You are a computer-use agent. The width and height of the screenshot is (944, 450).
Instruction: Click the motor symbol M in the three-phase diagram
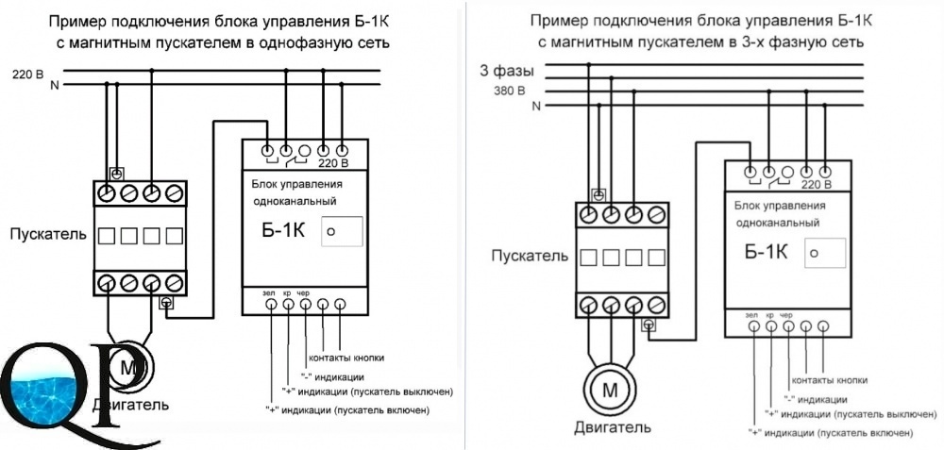pyautogui.click(x=610, y=392)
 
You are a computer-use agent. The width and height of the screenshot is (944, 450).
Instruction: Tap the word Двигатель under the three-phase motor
pyautogui.click(x=612, y=428)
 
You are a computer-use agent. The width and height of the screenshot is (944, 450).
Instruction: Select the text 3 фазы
pyautogui.click(x=507, y=71)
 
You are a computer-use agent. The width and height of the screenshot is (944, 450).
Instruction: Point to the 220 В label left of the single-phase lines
pyautogui.click(x=27, y=75)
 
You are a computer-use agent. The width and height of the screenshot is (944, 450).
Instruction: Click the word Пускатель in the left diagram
pyautogui.click(x=48, y=234)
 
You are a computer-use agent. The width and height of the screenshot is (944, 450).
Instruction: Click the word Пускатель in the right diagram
pyautogui.click(x=530, y=256)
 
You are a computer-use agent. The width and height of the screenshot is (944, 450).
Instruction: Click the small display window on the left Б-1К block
pyautogui.click(x=342, y=232)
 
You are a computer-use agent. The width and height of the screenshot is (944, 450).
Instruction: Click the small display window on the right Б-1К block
pyautogui.click(x=825, y=253)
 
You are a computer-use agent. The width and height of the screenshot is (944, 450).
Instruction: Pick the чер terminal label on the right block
pyautogui.click(x=786, y=315)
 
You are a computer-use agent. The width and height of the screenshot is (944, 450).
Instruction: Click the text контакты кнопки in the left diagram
pyautogui.click(x=346, y=358)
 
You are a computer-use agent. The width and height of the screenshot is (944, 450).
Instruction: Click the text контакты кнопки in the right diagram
pyautogui.click(x=830, y=380)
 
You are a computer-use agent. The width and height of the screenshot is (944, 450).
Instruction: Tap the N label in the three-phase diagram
pyautogui.click(x=536, y=107)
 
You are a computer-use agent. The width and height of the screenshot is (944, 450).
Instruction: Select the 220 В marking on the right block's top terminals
pyautogui.click(x=816, y=183)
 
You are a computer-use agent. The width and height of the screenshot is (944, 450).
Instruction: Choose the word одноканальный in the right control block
pyautogui.click(x=777, y=223)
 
